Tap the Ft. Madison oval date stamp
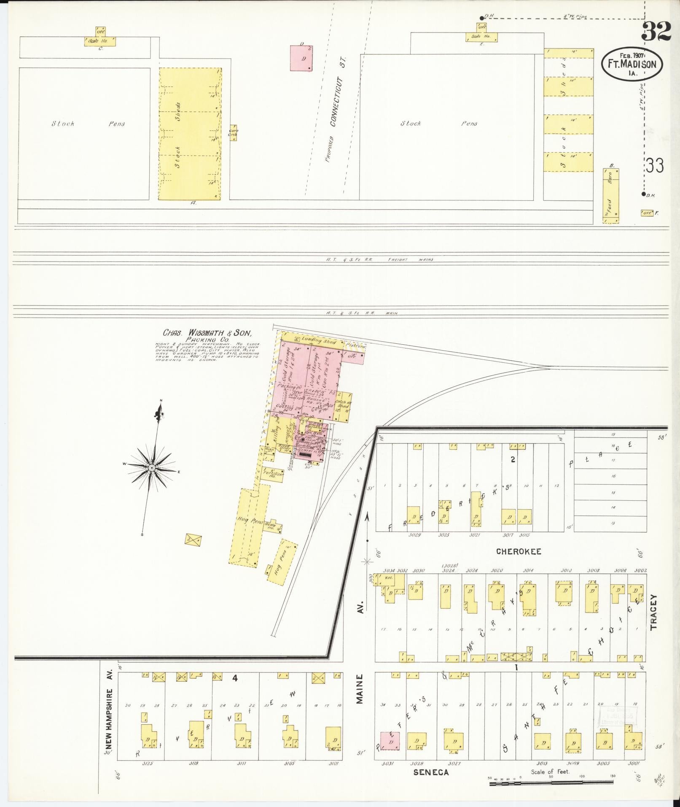(x=631, y=64)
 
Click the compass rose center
(x=151, y=468)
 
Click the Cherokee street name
(x=518, y=551)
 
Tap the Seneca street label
(x=430, y=772)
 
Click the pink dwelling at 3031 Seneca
(x=390, y=742)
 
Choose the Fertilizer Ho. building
(x=273, y=473)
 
